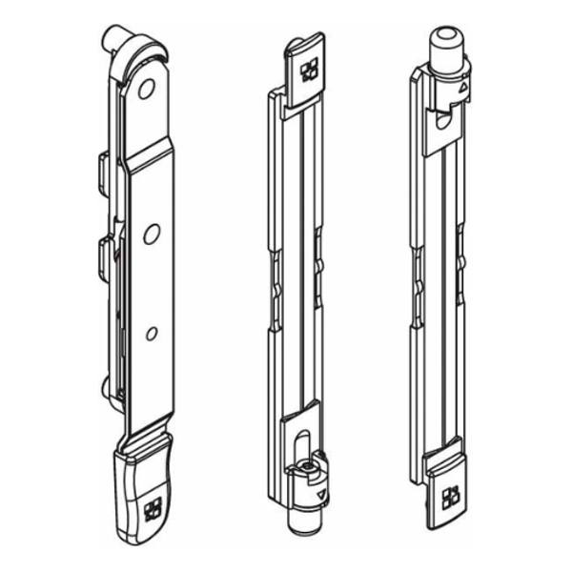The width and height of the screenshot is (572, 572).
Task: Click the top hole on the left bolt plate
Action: [x=146, y=91]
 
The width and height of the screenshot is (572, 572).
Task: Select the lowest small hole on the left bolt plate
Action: [x=151, y=333]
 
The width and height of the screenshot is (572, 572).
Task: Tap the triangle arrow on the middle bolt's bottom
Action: [x=320, y=497]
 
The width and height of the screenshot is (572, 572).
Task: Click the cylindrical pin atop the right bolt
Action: [x=445, y=44]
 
